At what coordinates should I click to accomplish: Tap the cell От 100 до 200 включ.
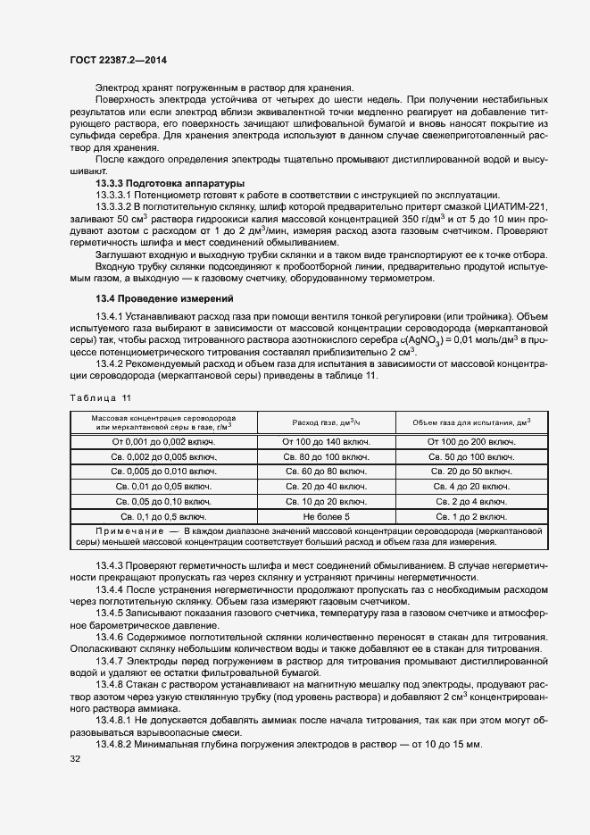471,441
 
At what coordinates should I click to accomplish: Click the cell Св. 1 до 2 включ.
471,516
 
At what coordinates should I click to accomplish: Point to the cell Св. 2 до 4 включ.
471,502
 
